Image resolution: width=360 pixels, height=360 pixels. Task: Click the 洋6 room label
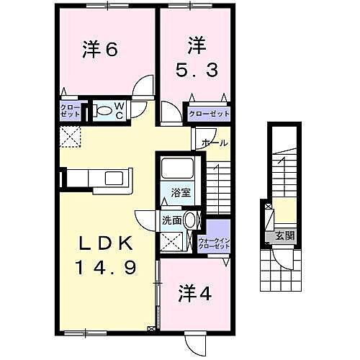pos(100,50)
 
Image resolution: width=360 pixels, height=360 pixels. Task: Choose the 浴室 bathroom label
pos(179,192)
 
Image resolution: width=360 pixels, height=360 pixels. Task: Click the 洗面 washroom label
pos(171,220)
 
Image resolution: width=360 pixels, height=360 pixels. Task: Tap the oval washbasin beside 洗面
pos(190,220)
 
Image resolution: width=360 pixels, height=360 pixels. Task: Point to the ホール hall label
pos(215,143)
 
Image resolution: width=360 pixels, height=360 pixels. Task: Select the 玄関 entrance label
pos(280,235)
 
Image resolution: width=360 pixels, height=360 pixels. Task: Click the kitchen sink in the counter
pos(114,178)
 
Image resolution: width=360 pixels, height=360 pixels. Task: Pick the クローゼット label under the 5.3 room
pos(208,114)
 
